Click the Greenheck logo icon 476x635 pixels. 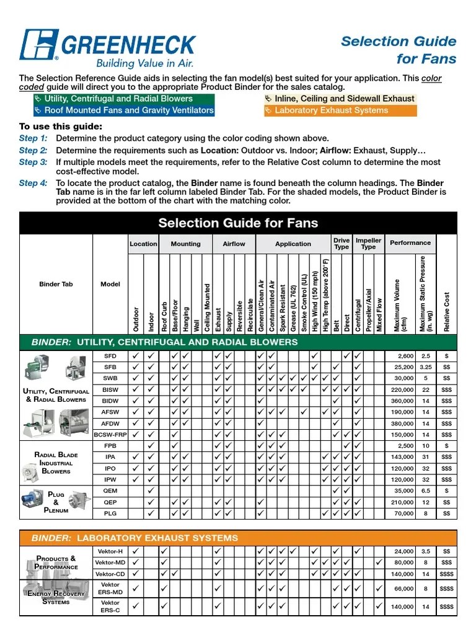coord(38,45)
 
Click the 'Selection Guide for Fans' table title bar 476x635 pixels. coord(238,223)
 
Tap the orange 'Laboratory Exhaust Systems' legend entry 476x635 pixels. coord(340,110)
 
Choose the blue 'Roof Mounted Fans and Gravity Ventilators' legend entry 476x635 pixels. coord(123,110)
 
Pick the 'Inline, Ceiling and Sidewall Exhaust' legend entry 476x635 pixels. coord(340,99)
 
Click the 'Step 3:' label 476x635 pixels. coord(33,162)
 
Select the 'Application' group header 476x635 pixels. coord(293,244)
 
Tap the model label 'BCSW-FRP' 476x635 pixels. coord(110,435)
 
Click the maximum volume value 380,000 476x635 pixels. coord(402,424)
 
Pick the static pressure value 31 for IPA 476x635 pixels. coord(426,457)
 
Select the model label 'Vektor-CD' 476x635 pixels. coord(110,574)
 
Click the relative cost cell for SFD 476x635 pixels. coord(446,356)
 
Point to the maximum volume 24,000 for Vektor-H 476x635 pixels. coord(403,551)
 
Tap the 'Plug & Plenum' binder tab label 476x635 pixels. coord(56,502)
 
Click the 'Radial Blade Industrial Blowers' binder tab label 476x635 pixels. coord(56,463)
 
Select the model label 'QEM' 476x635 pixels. coord(110,491)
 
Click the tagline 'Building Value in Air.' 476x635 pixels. coord(144,63)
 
